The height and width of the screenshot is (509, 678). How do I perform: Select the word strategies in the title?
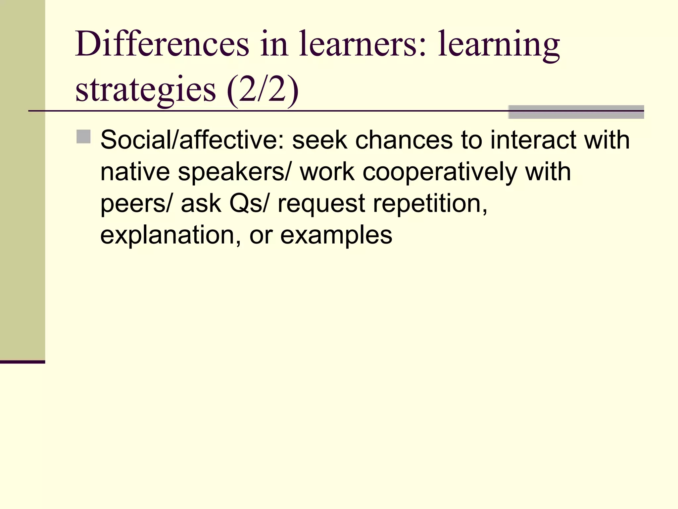click(x=146, y=89)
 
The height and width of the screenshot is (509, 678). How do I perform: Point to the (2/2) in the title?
click(x=263, y=89)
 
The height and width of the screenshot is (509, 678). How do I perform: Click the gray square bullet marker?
click(x=83, y=137)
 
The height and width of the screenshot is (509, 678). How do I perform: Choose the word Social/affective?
click(x=192, y=140)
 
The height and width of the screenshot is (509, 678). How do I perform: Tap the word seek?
click(x=320, y=140)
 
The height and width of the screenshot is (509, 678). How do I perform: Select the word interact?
click(x=533, y=140)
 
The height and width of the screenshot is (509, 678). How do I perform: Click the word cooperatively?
click(x=440, y=172)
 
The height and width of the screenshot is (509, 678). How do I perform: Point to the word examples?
click(x=336, y=235)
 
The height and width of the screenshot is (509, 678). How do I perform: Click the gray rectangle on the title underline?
click(x=576, y=112)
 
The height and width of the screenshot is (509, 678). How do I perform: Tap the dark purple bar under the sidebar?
click(x=23, y=362)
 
